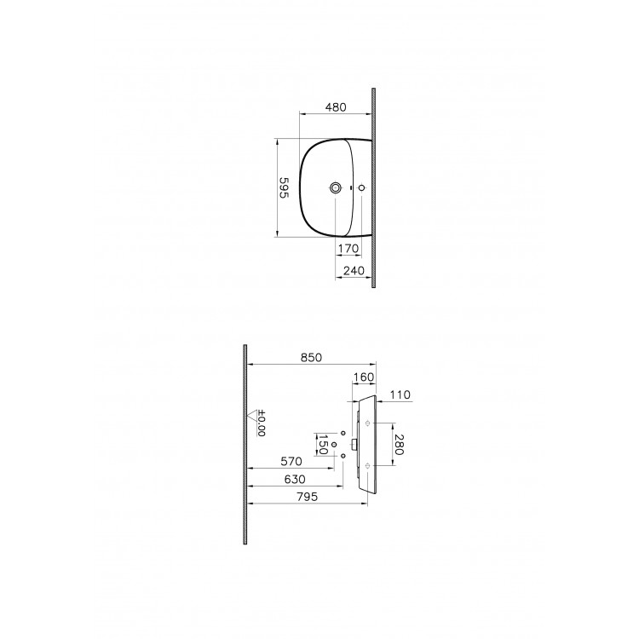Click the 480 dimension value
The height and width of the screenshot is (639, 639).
pos(336,107)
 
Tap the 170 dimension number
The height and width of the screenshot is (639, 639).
pos(347,249)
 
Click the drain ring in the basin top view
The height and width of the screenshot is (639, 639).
pos(337,187)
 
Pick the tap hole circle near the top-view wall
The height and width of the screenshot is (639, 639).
pos(362,187)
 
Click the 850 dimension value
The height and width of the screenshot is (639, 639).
pos(311,359)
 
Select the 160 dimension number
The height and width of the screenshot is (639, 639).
pos(364,377)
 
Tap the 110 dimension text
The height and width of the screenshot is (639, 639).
pos(400,395)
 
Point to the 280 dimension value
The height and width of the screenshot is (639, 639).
pos(399,444)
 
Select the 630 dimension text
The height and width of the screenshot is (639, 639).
pos(292,481)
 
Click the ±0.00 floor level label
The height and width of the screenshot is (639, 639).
pos(262,424)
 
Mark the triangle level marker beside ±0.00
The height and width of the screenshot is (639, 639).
pos(252,416)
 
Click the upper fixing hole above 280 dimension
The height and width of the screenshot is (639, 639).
pos(367,423)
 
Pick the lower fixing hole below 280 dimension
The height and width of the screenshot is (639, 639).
pos(367,465)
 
